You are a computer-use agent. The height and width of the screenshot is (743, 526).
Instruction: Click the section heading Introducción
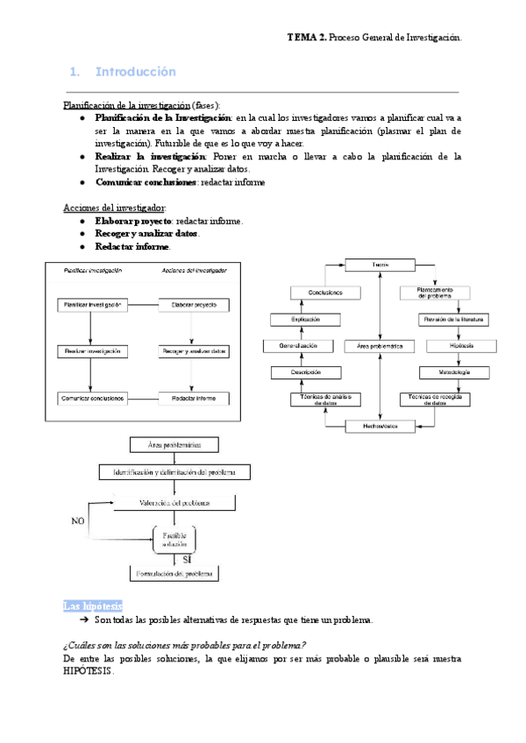coord(135,71)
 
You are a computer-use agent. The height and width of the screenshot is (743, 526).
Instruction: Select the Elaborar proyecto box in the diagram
coord(194,306)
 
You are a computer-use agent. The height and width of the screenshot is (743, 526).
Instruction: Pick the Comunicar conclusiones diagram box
coord(92,398)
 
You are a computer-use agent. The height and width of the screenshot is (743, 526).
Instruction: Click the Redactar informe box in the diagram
coord(194,398)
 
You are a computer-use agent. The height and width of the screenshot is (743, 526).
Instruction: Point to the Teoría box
coord(379,265)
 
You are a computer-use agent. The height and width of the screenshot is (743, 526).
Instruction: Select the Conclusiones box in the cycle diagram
coord(325,292)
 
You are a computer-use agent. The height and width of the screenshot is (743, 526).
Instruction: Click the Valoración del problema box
coord(174,503)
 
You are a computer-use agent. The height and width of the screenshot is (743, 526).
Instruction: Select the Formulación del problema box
coord(173,574)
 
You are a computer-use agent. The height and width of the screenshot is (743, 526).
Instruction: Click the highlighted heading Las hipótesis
coord(93,606)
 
